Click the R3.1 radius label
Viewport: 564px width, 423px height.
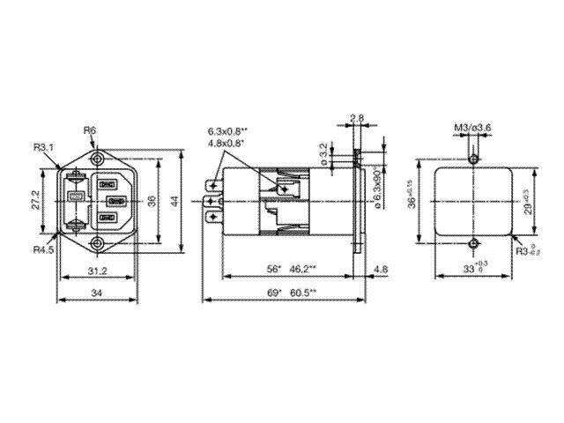(x=45, y=147)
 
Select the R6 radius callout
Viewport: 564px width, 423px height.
(x=90, y=130)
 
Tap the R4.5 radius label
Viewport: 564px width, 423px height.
(x=45, y=250)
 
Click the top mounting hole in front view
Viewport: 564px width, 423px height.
(x=96, y=160)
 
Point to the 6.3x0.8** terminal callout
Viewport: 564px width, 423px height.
(x=227, y=130)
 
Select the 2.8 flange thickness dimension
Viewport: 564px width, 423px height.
(x=356, y=117)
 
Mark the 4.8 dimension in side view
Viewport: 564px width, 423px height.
(x=380, y=268)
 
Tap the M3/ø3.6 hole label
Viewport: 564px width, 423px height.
(x=472, y=129)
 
